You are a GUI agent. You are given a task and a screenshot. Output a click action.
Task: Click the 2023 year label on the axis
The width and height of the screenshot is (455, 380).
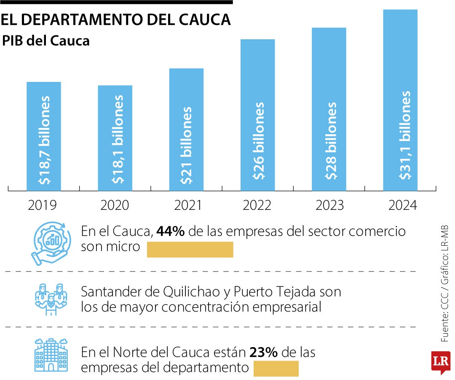tap(329, 205)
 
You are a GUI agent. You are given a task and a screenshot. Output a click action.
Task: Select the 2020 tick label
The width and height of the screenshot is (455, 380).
tap(115, 205)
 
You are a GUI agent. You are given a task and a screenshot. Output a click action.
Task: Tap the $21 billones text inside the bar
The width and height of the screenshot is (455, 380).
tap(186, 146)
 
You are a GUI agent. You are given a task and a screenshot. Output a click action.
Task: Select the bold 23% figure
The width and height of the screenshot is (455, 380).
tap(263, 352)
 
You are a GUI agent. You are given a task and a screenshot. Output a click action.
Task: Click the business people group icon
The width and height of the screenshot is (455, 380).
tap(50, 299)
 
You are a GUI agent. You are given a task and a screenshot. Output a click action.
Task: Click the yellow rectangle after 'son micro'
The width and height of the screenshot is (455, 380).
tap(190, 250)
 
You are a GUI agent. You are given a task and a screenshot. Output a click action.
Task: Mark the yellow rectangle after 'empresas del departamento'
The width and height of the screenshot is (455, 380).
tap(276, 369)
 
